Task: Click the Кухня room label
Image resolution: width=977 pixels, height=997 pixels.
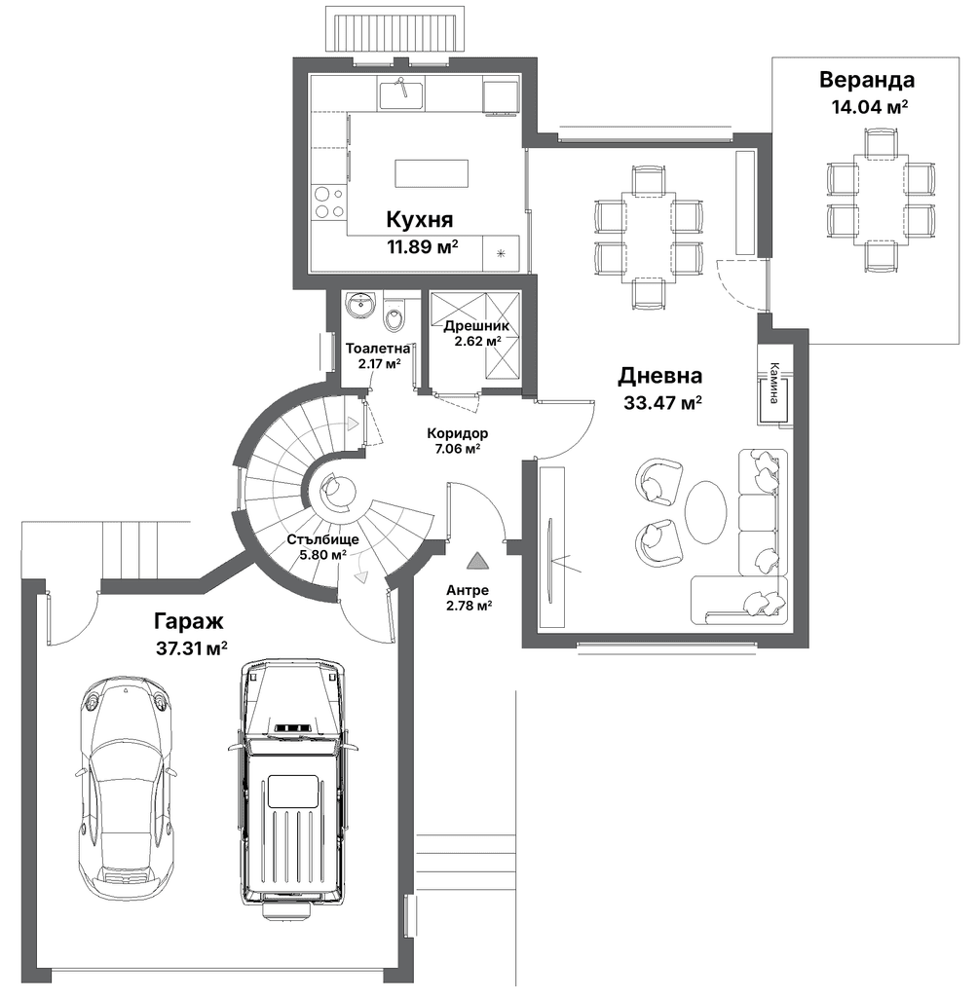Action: [420, 219]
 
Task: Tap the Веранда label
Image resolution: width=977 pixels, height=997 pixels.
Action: [867, 80]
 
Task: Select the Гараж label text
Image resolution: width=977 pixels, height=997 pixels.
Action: [188, 620]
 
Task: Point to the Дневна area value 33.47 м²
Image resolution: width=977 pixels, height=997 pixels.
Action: [662, 402]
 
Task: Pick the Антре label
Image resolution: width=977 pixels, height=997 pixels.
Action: [468, 590]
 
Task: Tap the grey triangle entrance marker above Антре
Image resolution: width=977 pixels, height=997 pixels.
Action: [475, 560]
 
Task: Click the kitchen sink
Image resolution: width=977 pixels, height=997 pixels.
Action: [402, 94]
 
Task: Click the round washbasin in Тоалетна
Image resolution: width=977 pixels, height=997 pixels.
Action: [361, 305]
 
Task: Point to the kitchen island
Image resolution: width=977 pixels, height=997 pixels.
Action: [432, 173]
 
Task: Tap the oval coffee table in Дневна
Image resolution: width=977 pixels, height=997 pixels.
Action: [705, 512]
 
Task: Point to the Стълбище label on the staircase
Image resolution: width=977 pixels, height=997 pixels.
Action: [322, 539]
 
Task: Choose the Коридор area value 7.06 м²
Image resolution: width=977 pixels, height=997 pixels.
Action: [458, 448]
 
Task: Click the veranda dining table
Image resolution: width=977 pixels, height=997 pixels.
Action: [881, 199]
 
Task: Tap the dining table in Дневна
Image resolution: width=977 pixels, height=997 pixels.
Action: [649, 238]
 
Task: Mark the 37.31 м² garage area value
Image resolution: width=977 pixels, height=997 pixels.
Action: [192, 648]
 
